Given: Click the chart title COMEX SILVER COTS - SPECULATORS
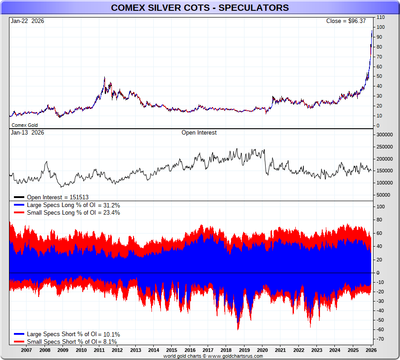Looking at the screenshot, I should [x=200, y=8].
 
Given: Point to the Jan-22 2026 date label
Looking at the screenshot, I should [x=27, y=21].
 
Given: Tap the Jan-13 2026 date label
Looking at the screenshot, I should [x=27, y=133].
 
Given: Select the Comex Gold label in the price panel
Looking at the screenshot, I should [x=25, y=125].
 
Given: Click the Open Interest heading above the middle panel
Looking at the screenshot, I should [x=199, y=133].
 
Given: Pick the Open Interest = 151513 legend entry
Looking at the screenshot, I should [x=58, y=197].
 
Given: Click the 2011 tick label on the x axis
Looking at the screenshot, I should [x=99, y=350].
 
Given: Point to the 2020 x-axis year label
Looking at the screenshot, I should [x=262, y=350].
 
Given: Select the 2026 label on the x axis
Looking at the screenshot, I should [x=371, y=350].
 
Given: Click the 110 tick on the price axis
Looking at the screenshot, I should [x=381, y=17].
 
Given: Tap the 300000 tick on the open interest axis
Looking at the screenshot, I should [x=385, y=135].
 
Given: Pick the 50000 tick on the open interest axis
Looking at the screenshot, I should [x=383, y=195].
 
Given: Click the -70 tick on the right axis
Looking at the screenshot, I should [x=381, y=339].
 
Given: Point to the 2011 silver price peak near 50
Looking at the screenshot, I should [x=104, y=77].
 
